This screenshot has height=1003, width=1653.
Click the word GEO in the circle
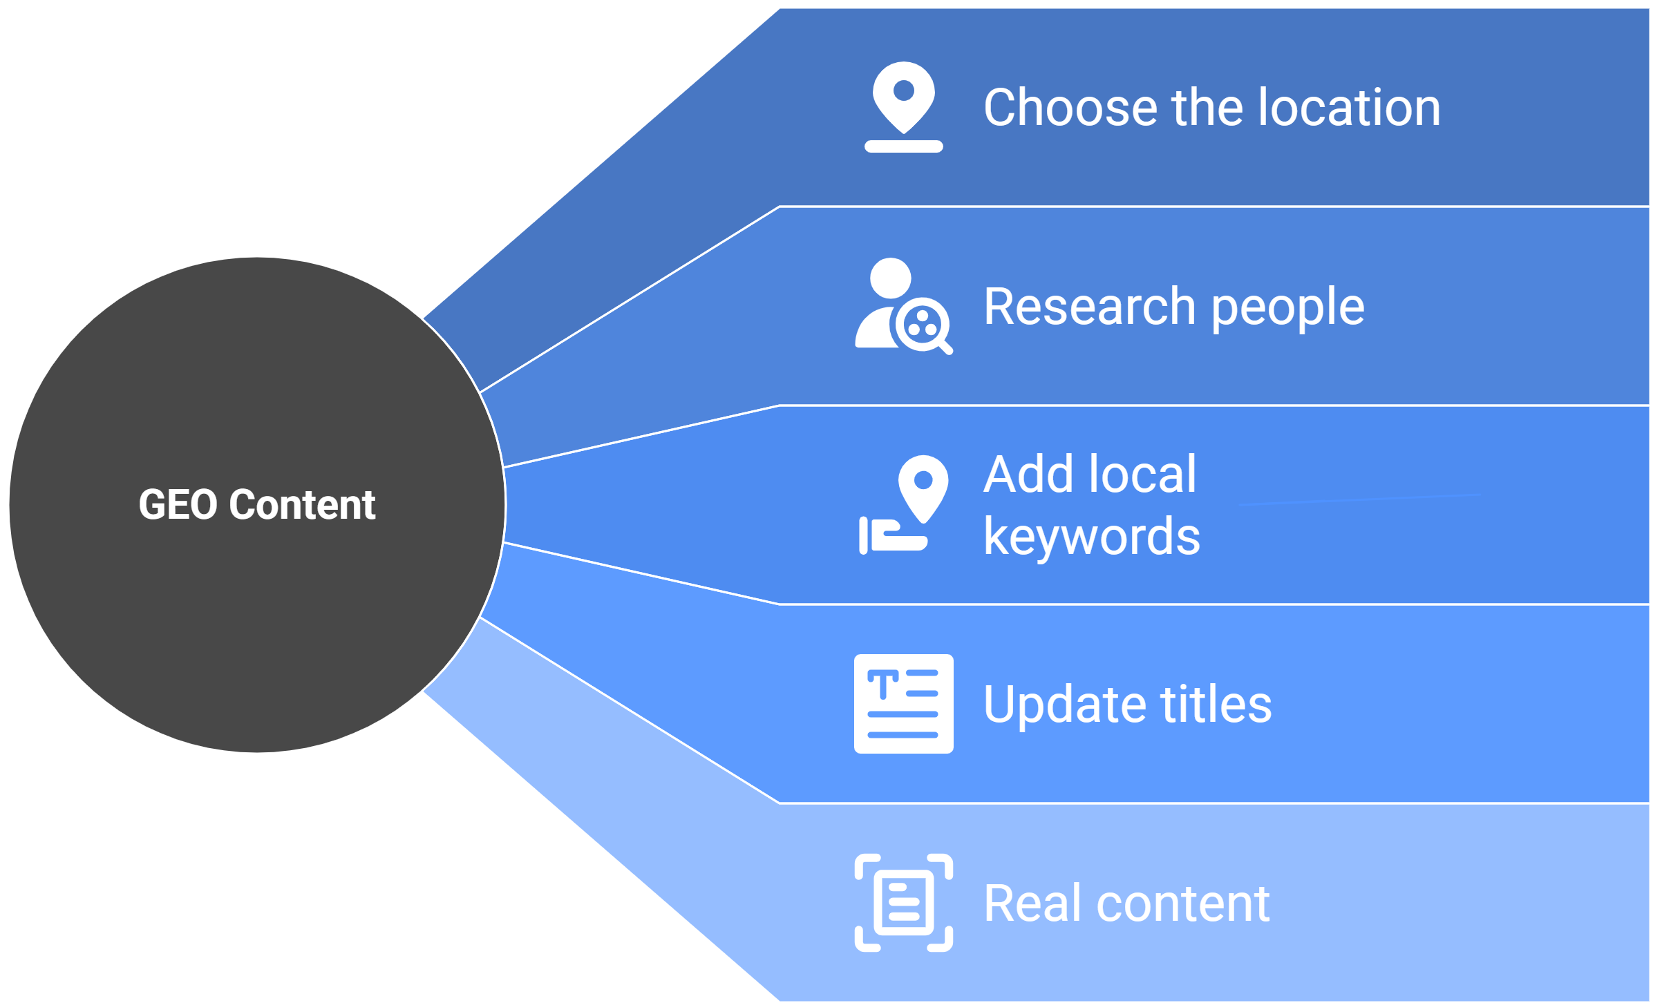(x=178, y=504)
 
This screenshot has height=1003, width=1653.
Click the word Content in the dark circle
(x=302, y=504)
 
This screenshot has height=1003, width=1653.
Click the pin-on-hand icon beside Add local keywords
(x=903, y=505)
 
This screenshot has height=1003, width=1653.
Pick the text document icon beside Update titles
(x=903, y=703)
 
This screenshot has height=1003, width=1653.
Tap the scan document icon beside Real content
(x=903, y=903)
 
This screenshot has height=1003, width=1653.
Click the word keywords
(x=1092, y=537)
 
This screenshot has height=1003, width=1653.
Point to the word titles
(x=1216, y=705)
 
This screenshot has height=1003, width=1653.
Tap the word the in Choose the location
(x=1207, y=108)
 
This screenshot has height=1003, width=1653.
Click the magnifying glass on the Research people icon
(x=925, y=325)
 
